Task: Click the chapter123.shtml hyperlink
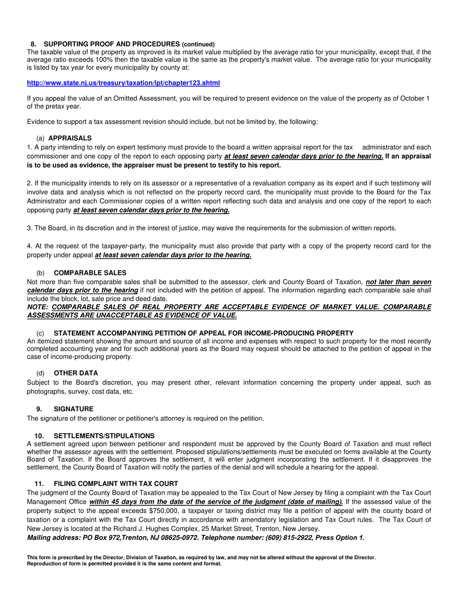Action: (123, 83)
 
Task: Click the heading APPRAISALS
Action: (70, 138)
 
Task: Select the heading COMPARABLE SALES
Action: (90, 273)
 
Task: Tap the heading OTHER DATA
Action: (76, 373)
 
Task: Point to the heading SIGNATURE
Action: (73, 409)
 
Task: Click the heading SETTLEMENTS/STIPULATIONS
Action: (104, 436)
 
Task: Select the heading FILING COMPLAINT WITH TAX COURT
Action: (116, 484)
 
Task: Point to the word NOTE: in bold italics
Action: (38, 307)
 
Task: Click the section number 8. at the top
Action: (33, 44)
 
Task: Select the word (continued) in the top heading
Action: (199, 44)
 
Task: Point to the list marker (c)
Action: (40, 333)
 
